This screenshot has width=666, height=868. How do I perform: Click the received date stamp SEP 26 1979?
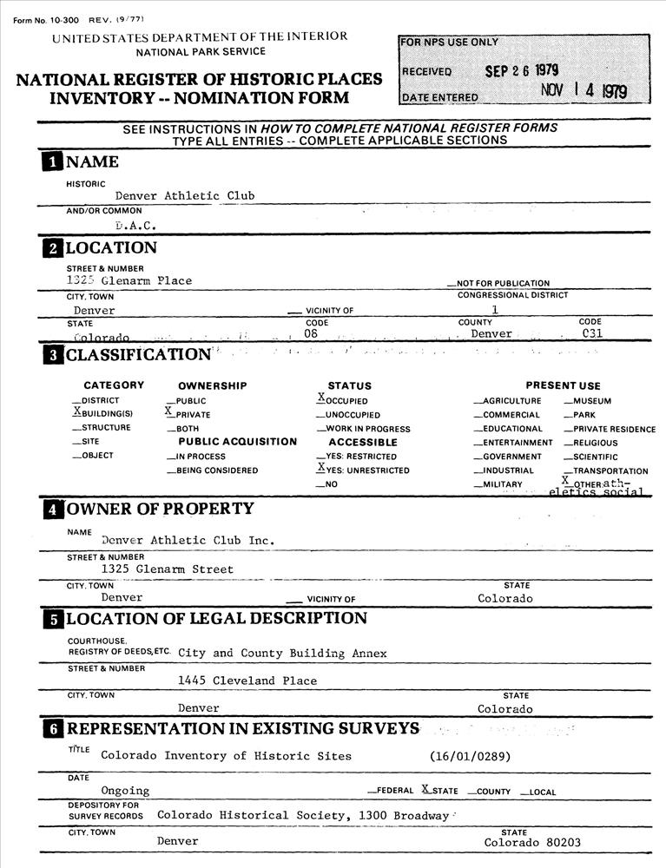(x=521, y=70)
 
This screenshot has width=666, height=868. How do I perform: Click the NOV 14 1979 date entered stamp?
(x=583, y=91)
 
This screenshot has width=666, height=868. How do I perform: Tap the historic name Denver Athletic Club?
(x=185, y=196)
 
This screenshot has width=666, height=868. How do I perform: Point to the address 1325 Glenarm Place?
(x=129, y=280)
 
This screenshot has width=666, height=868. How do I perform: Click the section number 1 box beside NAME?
(x=53, y=161)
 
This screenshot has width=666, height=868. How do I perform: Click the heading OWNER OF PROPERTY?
(x=160, y=509)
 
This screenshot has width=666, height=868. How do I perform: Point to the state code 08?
(x=312, y=333)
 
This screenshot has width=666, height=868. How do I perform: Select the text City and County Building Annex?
(x=282, y=653)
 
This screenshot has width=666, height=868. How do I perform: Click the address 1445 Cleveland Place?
(x=247, y=681)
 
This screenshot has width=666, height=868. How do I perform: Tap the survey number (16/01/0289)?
(x=470, y=756)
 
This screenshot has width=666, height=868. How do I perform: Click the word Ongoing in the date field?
(x=125, y=791)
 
